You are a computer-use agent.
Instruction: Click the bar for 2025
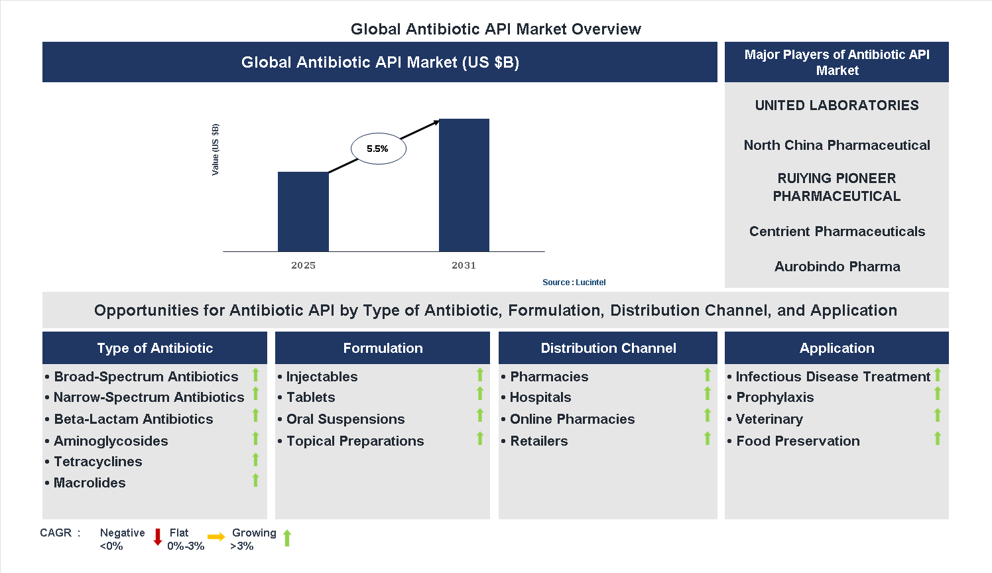tap(303, 212)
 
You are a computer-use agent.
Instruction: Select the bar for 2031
tap(464, 185)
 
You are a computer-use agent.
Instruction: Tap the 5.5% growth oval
tap(378, 149)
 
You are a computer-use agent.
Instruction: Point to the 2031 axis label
tap(464, 265)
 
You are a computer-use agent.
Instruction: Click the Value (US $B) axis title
tap(215, 150)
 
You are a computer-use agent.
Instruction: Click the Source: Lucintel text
tap(574, 283)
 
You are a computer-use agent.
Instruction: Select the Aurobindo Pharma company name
tap(837, 267)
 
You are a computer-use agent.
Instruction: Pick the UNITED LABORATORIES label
tap(837, 105)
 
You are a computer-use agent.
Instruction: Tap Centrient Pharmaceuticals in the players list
tap(837, 231)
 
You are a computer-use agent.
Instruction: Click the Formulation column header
tap(383, 348)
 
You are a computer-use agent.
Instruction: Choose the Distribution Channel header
tap(608, 348)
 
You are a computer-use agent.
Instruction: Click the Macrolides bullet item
tap(90, 483)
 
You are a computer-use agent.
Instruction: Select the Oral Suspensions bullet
tap(345, 419)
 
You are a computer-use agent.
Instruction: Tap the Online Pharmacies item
tap(572, 419)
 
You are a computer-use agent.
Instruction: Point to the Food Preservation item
tap(797, 441)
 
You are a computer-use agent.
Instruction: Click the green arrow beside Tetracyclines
tap(255, 460)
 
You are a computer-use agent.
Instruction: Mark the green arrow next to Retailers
tap(708, 438)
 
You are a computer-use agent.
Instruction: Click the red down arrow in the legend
tap(158, 537)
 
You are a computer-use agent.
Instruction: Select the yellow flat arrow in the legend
tap(216, 537)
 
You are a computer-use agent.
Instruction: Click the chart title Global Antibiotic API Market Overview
tap(495, 29)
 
